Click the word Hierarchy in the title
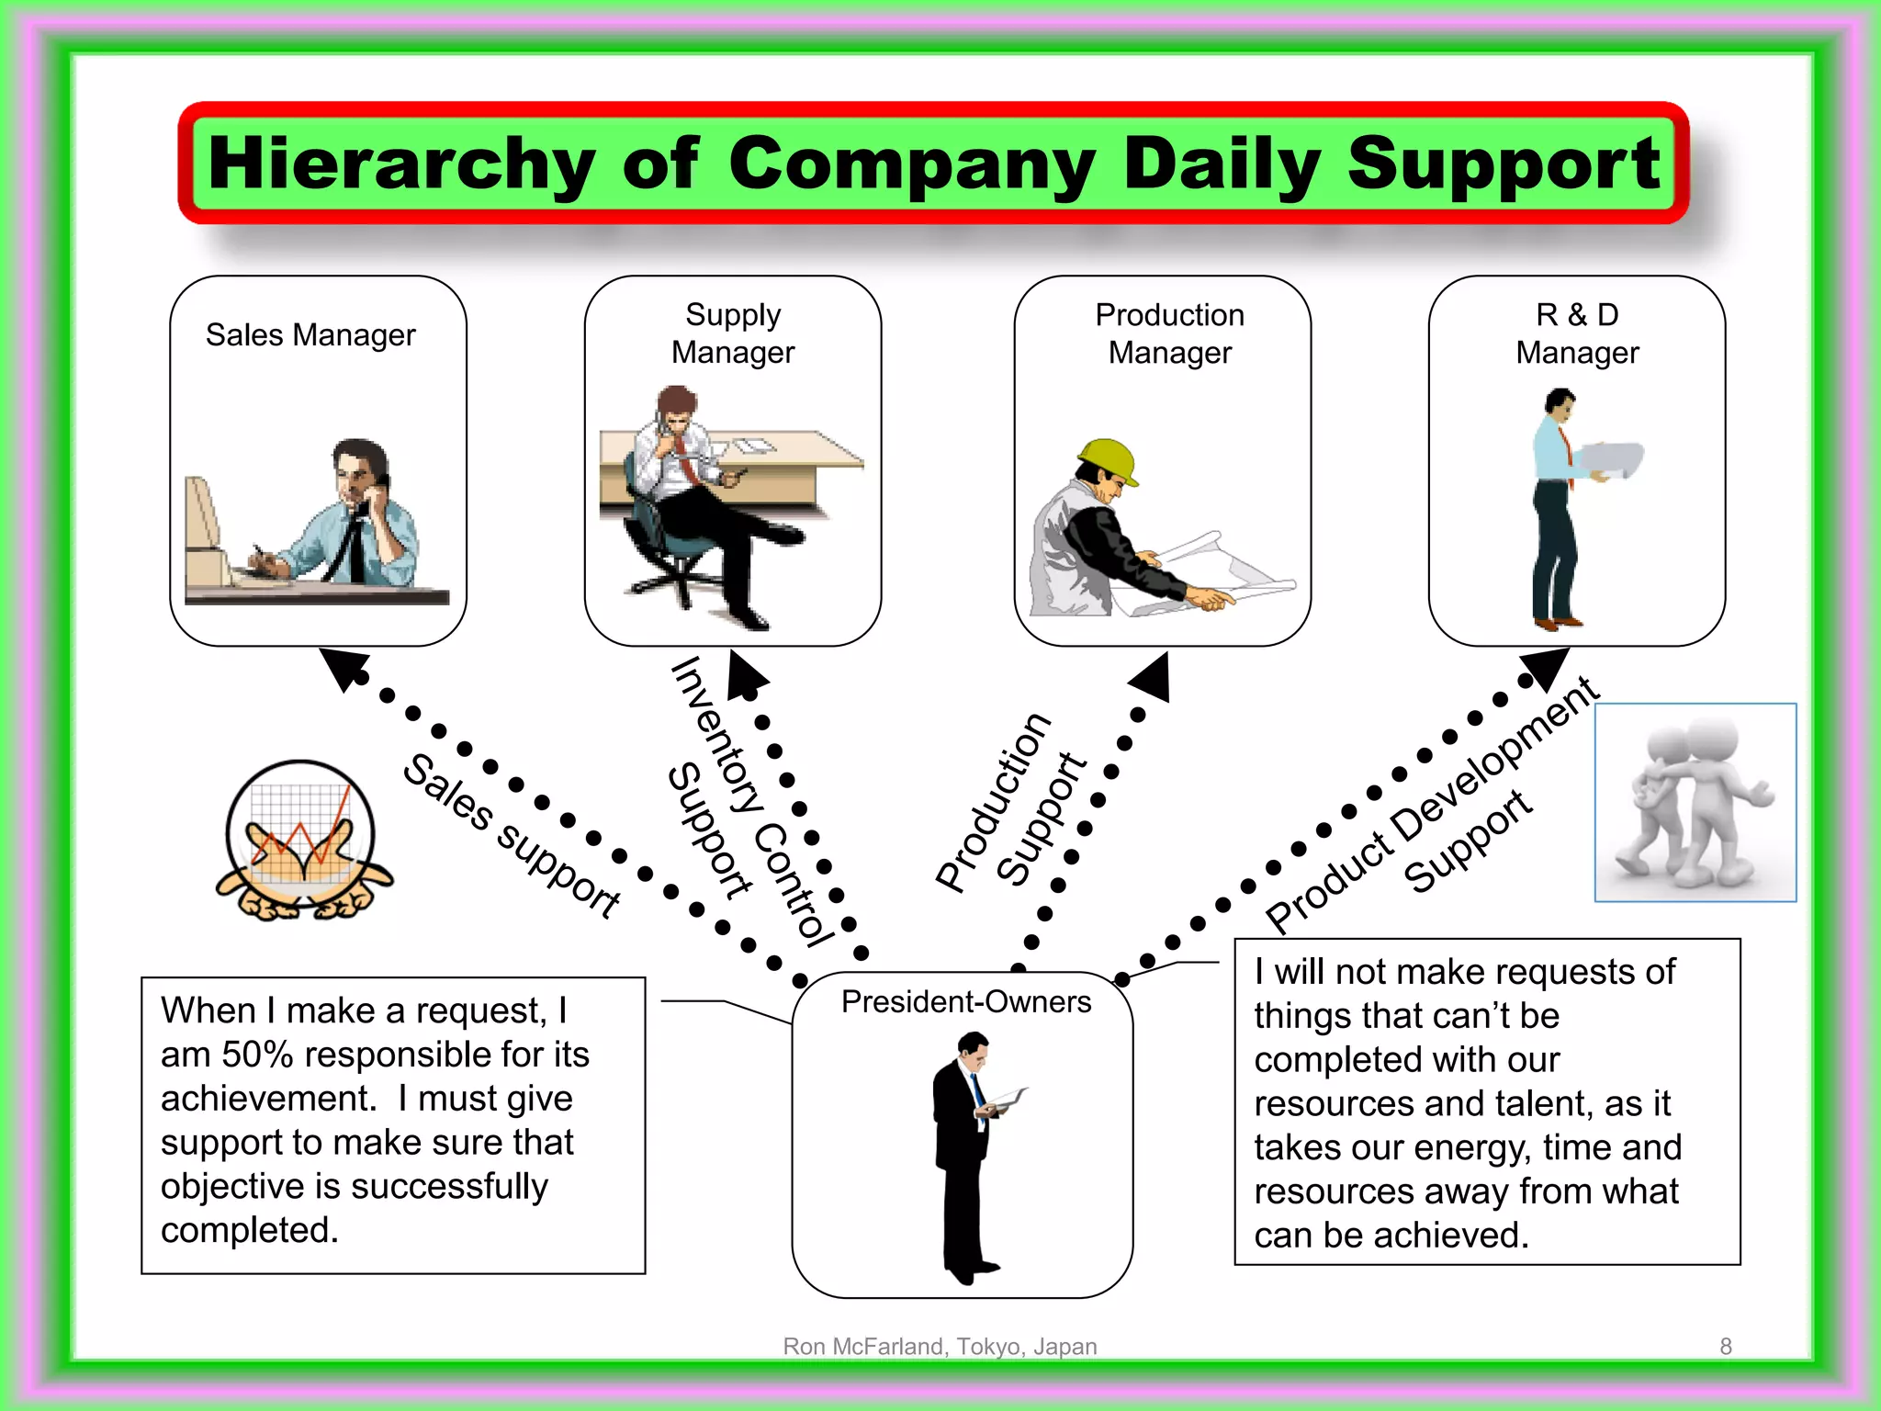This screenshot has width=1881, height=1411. point(401,164)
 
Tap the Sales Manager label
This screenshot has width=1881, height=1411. point(310,335)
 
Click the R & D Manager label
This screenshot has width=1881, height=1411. point(1577,333)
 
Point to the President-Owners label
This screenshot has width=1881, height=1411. point(966,1001)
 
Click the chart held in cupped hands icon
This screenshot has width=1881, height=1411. point(302,841)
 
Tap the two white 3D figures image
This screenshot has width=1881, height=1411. point(1695,803)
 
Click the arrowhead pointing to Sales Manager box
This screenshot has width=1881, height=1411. point(343,667)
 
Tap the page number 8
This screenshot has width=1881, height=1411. point(1726,1347)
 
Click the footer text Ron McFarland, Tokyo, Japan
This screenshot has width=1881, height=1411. point(940,1347)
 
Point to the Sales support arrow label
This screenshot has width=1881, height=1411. point(512,836)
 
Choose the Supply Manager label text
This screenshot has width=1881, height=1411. point(733,333)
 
